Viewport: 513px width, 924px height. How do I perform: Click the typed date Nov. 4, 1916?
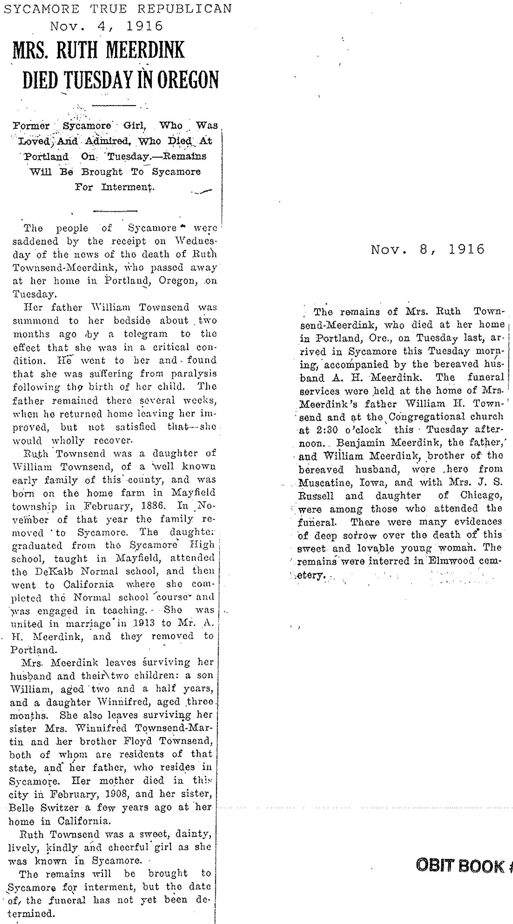(x=107, y=26)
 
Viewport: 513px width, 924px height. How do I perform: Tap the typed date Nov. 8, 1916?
(x=427, y=249)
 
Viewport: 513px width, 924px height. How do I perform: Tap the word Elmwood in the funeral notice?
(x=451, y=561)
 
